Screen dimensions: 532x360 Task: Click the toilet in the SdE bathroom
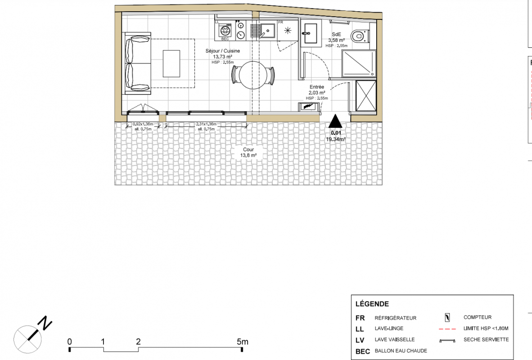360,36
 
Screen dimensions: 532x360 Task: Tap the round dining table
252,75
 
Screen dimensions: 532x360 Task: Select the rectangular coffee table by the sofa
171,63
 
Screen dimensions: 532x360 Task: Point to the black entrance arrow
335,121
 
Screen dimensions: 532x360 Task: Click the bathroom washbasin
311,33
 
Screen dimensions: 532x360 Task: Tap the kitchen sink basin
267,31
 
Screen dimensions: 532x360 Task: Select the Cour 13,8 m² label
248,153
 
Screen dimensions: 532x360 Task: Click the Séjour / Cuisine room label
223,51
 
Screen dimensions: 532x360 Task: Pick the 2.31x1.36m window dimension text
206,124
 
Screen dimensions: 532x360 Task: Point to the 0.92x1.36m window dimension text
143,124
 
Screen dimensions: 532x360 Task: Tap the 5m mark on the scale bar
243,342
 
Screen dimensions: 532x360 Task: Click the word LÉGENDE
372,304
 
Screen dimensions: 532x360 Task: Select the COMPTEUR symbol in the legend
447,318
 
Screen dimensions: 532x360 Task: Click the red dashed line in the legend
447,329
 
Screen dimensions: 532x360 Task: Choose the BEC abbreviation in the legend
363,351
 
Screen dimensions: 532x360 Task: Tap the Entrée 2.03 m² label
317,90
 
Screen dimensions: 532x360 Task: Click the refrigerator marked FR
288,31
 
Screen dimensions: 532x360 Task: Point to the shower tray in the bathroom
359,63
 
